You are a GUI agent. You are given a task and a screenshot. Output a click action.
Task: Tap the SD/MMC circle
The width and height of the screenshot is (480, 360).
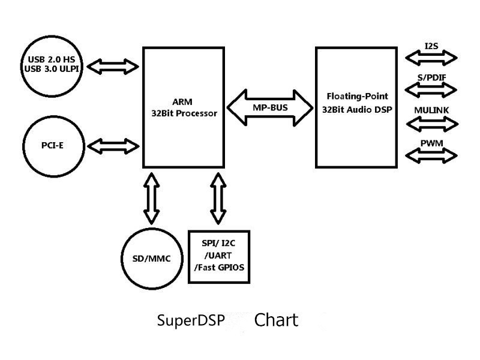pyautogui.click(x=151, y=258)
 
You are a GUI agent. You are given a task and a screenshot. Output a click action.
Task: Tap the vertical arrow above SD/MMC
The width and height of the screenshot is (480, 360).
pyautogui.click(x=152, y=197)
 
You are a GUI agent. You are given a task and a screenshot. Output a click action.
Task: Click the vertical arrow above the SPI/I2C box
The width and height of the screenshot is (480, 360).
pyautogui.click(x=218, y=197)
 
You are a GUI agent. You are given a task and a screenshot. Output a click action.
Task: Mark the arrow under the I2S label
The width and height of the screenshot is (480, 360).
pyautogui.click(x=431, y=58)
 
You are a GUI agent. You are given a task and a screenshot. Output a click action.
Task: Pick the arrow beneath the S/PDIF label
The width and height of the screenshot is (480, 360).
pyautogui.click(x=431, y=89)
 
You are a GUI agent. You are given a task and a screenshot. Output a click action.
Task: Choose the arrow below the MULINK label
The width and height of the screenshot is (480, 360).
pyautogui.click(x=431, y=123)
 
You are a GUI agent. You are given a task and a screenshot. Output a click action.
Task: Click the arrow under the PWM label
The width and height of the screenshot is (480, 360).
pyautogui.click(x=431, y=155)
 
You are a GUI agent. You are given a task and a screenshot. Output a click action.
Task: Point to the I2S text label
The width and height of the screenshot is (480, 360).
pyautogui.click(x=431, y=46)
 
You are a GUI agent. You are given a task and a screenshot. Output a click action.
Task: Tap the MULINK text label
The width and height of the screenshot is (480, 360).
pyautogui.click(x=431, y=111)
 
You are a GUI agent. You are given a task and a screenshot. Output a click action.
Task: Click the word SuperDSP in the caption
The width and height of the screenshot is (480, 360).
pyautogui.click(x=191, y=320)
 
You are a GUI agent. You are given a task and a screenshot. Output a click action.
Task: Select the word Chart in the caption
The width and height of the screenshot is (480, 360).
pyautogui.click(x=276, y=320)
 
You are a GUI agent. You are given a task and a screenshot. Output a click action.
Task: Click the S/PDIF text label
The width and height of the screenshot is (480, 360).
pyautogui.click(x=431, y=78)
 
